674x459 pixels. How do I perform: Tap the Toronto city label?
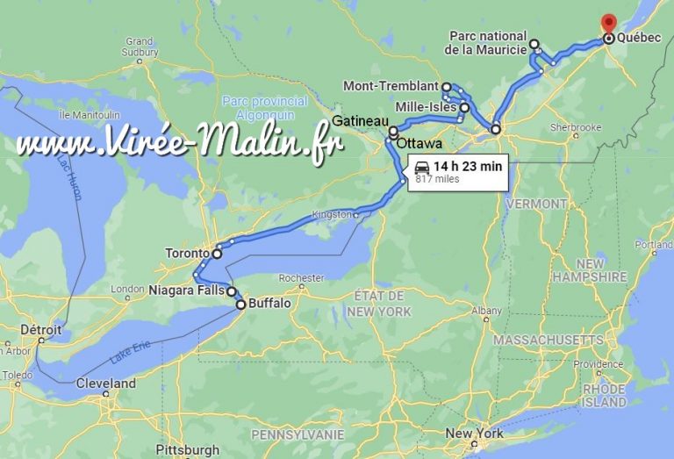tap(187, 254)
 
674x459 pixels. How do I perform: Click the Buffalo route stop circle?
tap(240, 305)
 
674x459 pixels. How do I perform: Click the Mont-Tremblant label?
tap(391, 86)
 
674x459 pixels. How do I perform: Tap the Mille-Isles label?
tap(426, 107)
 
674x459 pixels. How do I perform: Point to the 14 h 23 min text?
tap(467, 166)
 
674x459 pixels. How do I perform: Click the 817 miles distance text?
tap(437, 179)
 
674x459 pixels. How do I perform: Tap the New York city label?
tap(474, 434)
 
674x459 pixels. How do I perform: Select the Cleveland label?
tap(105, 384)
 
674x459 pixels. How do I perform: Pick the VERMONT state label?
tap(536, 204)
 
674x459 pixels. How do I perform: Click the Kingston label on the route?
tap(332, 214)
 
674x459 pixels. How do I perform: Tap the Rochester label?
tap(300, 277)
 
